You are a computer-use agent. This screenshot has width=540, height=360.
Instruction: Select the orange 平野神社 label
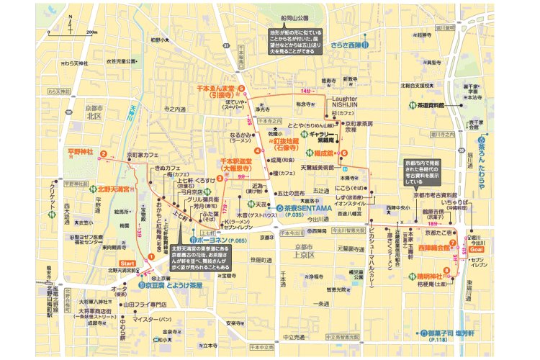(81, 153)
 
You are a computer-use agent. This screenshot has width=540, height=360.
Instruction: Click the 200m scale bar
(81, 34)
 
